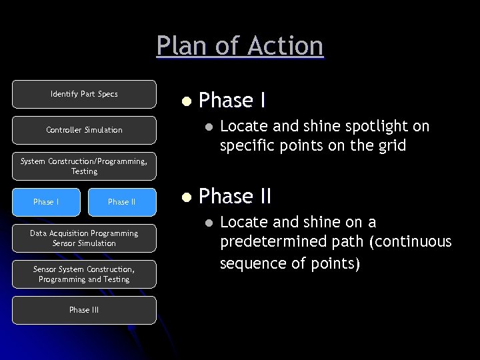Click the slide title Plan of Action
click(240, 46)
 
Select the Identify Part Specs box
click(84, 94)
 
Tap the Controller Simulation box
click(84, 130)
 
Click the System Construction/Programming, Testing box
click(84, 166)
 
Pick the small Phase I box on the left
click(46, 202)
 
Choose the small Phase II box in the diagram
click(122, 202)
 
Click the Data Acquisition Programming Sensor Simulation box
click(84, 238)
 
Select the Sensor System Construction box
click(84, 274)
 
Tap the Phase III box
click(84, 310)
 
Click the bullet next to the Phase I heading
click(187, 101)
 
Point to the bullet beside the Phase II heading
click(187, 197)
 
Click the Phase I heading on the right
click(233, 100)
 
